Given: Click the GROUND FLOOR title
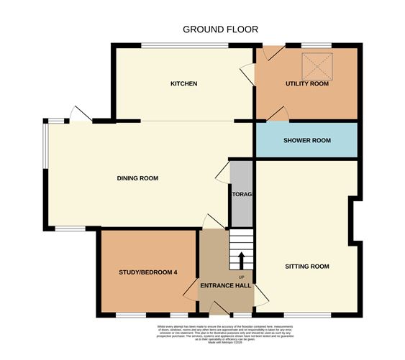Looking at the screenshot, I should click(220, 29).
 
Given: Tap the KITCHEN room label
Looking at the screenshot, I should click(183, 84).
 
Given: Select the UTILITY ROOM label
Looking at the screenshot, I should click(307, 84).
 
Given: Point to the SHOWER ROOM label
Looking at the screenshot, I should click(307, 140).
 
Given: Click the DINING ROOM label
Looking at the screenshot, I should click(138, 178).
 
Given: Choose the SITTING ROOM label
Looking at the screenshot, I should click(307, 267).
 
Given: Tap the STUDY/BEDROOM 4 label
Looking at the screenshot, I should click(147, 272).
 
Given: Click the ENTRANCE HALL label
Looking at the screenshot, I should click(225, 286).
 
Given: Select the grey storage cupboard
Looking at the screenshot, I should click(240, 195).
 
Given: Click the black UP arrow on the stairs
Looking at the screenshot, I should click(242, 259).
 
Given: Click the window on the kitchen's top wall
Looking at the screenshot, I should click(185, 47).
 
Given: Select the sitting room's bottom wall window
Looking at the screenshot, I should click(307, 315).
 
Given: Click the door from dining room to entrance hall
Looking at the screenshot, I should click(213, 222).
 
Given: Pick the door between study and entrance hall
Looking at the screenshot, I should click(192, 288).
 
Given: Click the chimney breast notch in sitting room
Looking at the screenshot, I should click(354, 220).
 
